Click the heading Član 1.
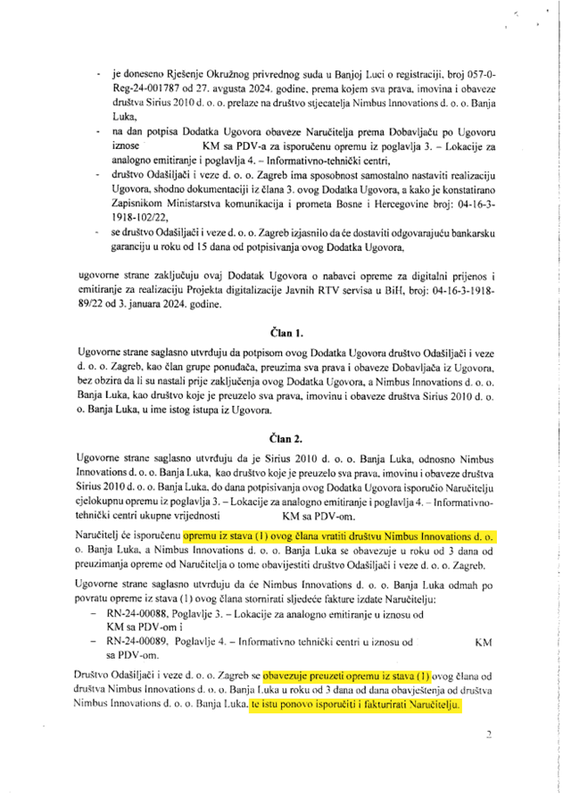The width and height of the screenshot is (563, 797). [x=281, y=329]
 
